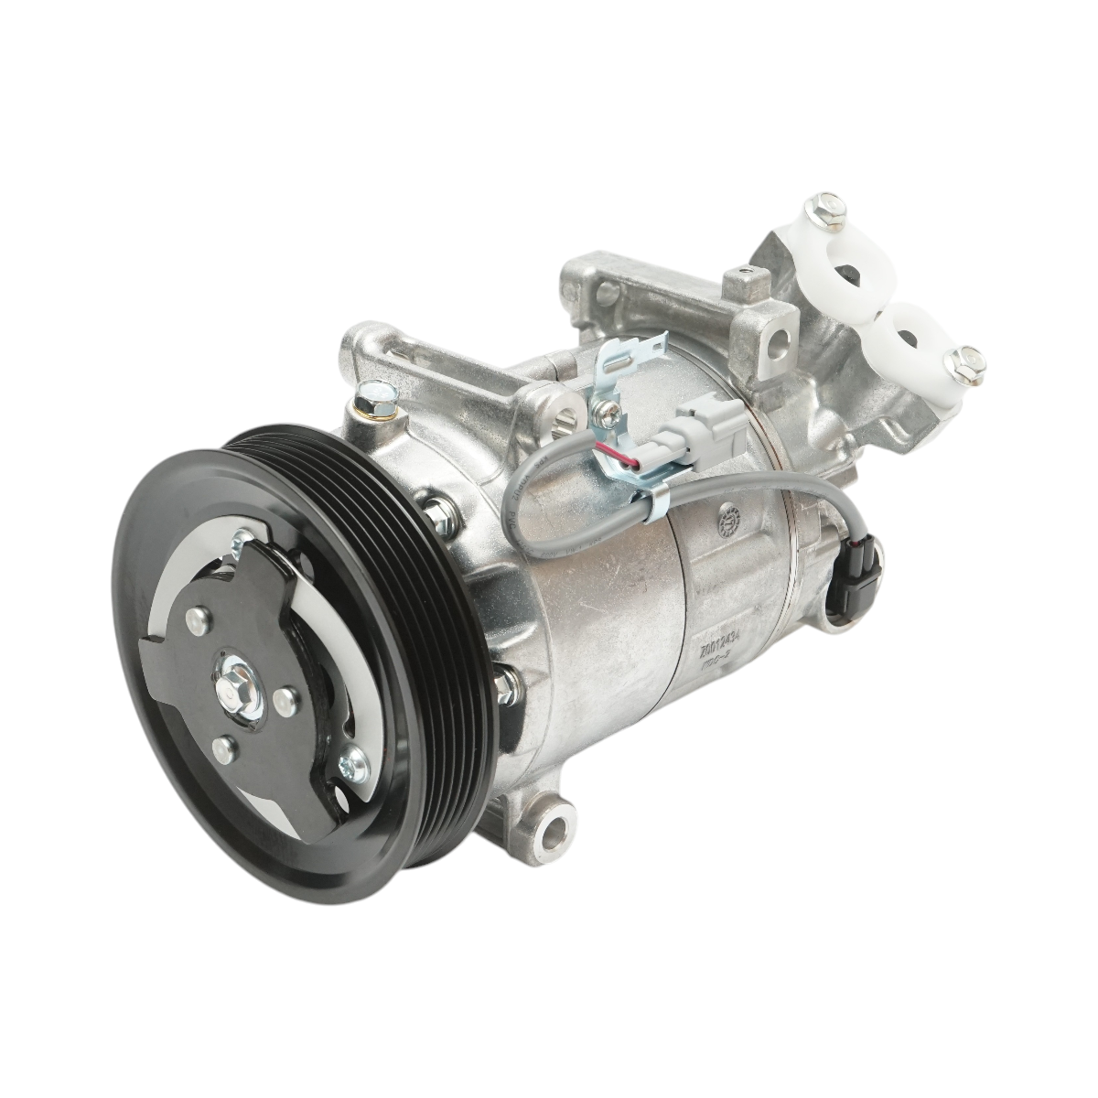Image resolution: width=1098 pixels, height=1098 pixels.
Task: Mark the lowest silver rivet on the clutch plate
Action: pyautogui.click(x=221, y=748)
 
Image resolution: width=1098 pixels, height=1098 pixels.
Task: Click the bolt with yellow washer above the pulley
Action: pyautogui.click(x=378, y=400)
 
